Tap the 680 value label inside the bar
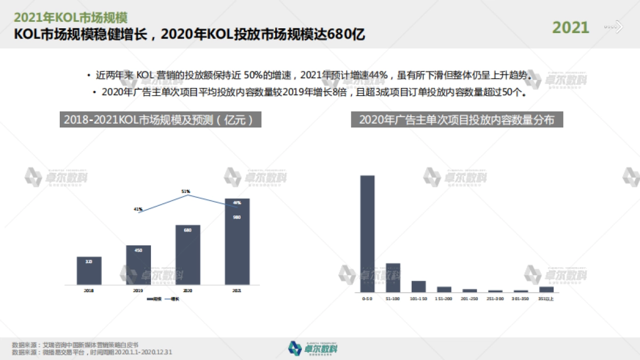coord(188,230)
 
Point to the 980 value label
coord(237,217)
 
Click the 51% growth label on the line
coord(186,191)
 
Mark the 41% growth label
coord(138,209)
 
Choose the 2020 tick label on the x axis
coord(188,291)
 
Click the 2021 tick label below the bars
coord(237,291)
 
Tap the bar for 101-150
coord(419,286)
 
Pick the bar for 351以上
coord(546,290)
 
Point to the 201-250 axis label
coord(469,299)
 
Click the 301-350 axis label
coord(521,299)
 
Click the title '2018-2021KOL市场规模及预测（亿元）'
coord(160,120)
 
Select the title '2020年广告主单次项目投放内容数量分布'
coord(457,120)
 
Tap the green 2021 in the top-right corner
coord(571,27)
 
